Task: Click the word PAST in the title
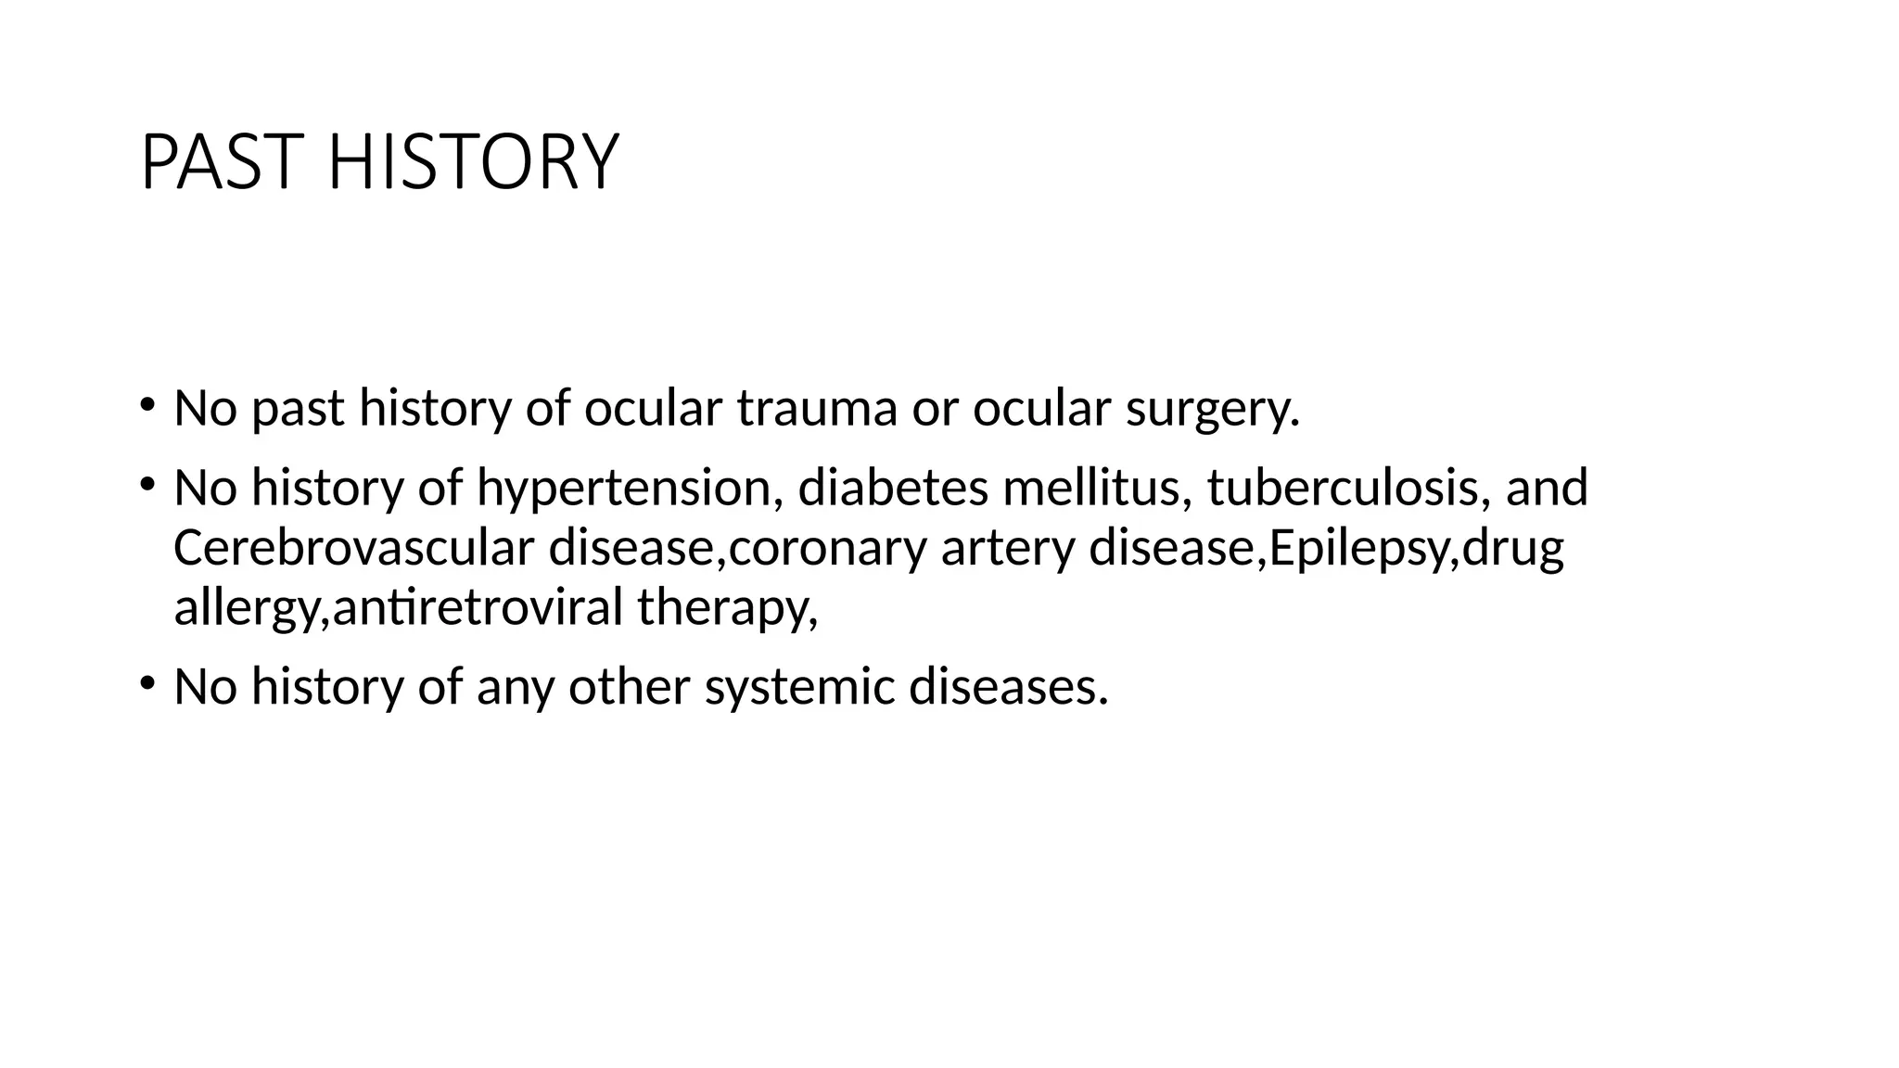click(x=221, y=162)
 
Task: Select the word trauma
click(x=817, y=408)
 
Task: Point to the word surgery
click(x=1211, y=410)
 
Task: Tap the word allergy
click(x=246, y=609)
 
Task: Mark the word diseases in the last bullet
click(x=1008, y=686)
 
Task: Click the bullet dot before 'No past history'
click(x=147, y=404)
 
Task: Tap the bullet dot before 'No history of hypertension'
click(x=147, y=483)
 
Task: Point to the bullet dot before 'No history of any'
click(x=147, y=683)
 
